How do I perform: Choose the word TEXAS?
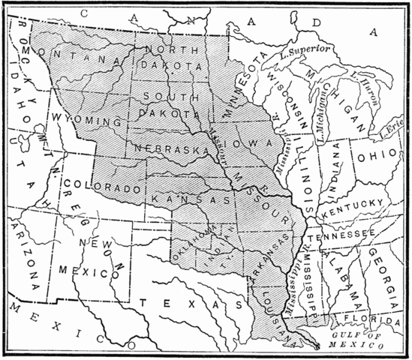click(190, 304)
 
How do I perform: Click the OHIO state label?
click(372, 159)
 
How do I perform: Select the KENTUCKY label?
click(350, 206)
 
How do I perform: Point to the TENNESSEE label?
click(346, 235)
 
